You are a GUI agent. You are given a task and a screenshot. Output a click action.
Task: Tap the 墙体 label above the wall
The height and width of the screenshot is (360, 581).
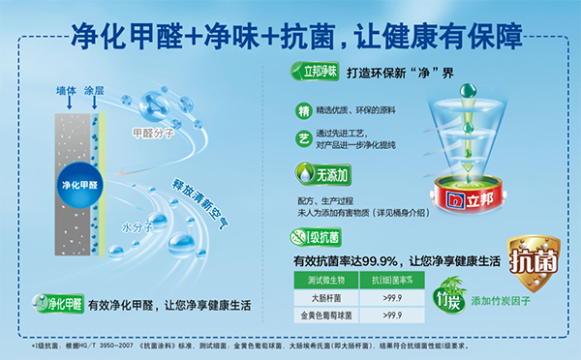point(66,91)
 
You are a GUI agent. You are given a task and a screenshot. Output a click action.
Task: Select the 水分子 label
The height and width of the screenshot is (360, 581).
point(133,227)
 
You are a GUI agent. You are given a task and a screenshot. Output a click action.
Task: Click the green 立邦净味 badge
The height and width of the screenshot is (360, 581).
point(316,71)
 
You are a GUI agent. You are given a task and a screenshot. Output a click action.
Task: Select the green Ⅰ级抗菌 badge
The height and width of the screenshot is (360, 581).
point(315,236)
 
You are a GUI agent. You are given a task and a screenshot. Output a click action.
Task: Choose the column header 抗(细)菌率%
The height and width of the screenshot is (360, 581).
point(392,283)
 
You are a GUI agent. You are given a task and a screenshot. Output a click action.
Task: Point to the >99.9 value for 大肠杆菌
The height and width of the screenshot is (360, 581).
point(392,300)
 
